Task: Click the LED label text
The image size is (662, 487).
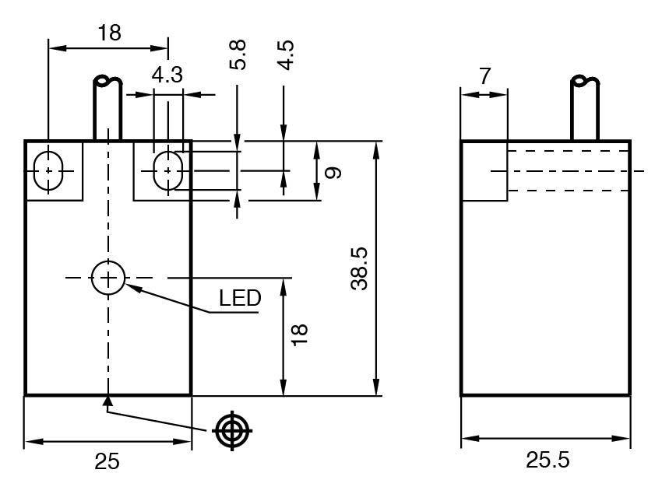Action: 239,298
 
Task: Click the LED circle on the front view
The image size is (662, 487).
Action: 107,277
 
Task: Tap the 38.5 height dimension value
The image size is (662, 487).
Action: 358,269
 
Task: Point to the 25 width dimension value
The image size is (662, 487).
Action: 107,461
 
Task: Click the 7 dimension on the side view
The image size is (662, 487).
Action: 484,76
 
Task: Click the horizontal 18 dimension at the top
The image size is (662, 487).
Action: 108,33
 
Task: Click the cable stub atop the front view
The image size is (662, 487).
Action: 108,109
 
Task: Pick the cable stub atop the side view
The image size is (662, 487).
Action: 585,109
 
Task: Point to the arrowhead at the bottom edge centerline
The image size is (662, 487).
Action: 108,401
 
